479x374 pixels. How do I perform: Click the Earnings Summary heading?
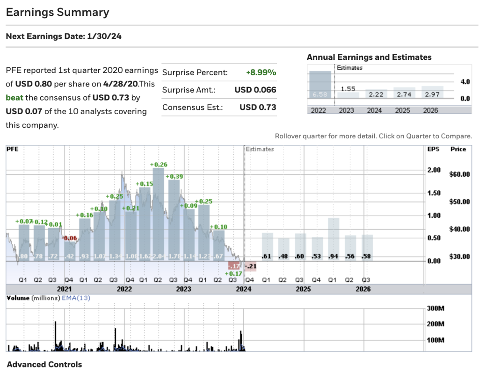pos(58,13)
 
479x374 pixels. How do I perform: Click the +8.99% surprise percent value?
pos(261,72)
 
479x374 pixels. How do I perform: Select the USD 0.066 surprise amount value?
pos(255,90)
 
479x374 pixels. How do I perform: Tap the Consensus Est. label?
pos(192,108)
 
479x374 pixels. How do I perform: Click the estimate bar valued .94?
pos(334,238)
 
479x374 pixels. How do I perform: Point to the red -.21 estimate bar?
pos(251,266)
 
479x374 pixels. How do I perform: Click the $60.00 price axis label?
pos(459,174)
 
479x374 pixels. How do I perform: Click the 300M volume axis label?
pos(435,308)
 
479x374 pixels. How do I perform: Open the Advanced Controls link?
pos(44,365)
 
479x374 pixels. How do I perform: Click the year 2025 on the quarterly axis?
pos(303,289)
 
